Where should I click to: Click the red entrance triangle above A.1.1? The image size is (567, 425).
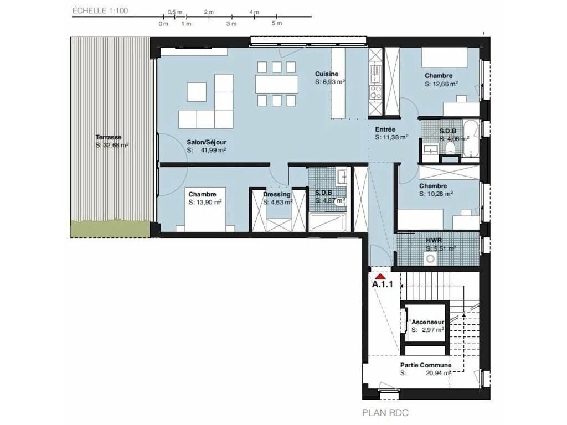[380, 277]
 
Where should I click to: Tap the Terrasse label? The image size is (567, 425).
[109, 137]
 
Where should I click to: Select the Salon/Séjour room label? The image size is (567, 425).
[207, 142]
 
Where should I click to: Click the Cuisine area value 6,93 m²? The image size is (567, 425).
[330, 82]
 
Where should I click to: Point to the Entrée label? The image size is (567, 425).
[385, 129]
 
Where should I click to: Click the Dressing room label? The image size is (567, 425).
[277, 194]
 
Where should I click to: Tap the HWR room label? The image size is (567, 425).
[434, 240]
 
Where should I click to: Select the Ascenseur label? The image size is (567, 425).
[428, 322]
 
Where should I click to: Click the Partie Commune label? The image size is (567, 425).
[426, 365]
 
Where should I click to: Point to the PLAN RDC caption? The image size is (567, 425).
[385, 413]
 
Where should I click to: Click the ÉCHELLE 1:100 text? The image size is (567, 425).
[100, 11]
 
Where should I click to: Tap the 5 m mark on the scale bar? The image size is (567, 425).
[277, 23]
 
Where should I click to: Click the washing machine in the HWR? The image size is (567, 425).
[430, 259]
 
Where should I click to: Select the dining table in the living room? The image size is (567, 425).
[277, 84]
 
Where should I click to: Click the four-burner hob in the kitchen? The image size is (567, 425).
[375, 92]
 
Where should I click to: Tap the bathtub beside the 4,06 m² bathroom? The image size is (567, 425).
[471, 139]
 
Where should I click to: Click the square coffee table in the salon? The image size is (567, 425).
[197, 92]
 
